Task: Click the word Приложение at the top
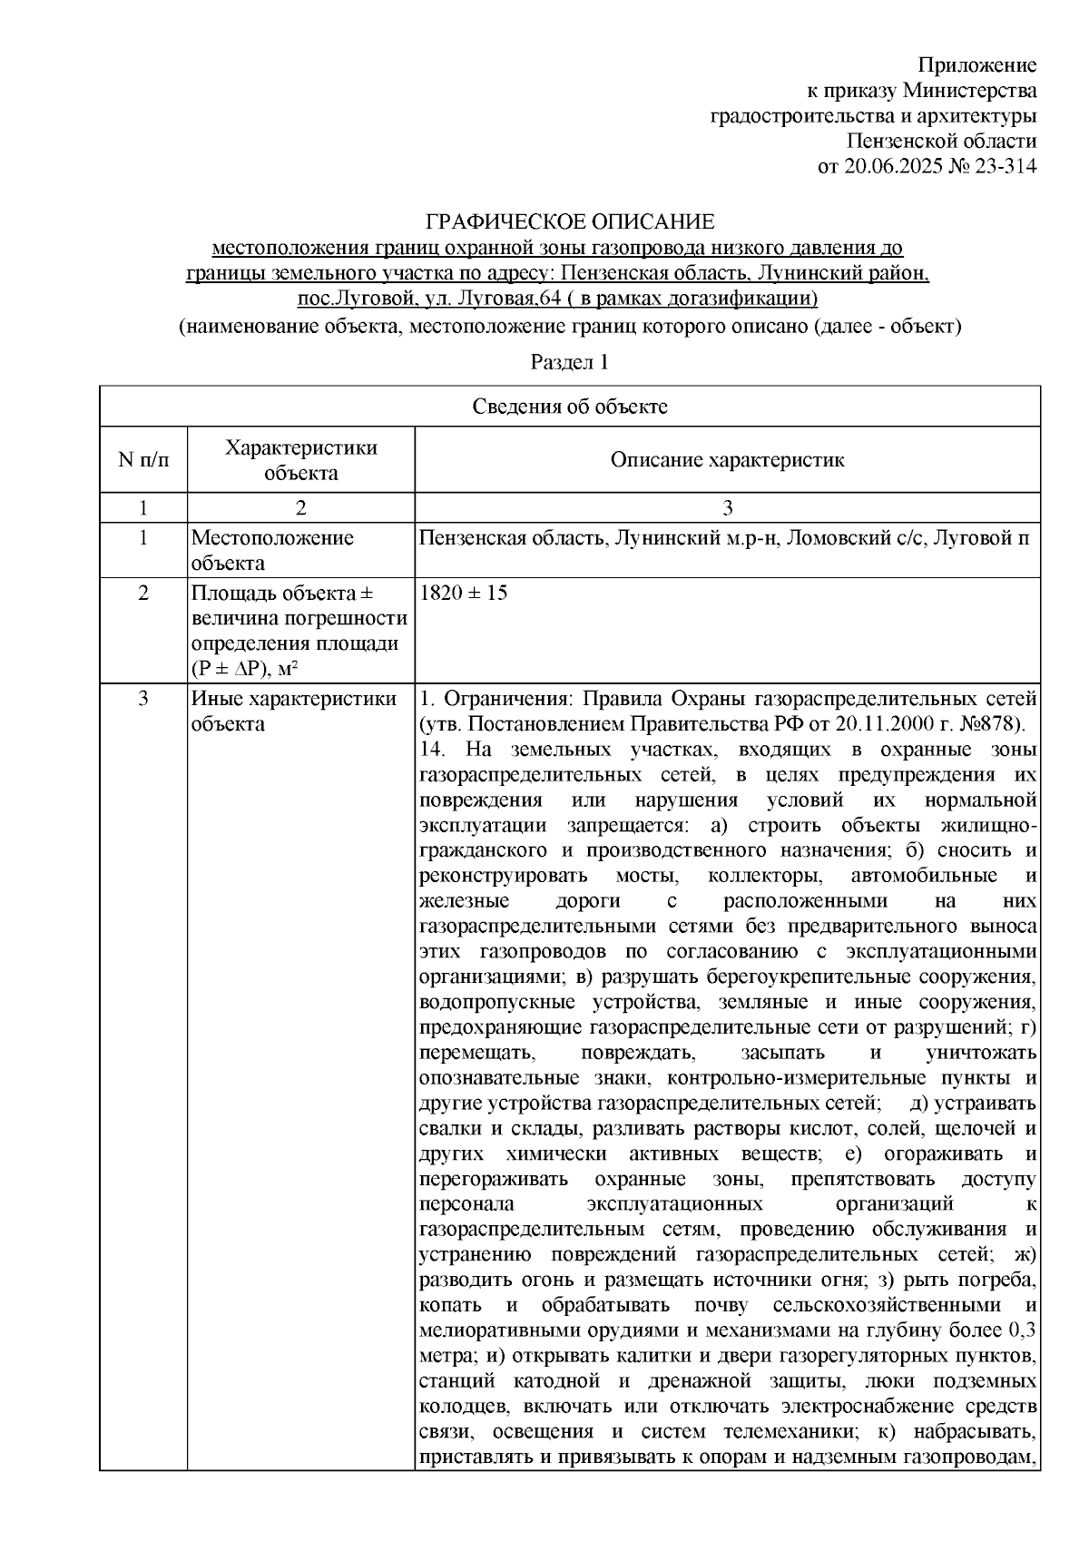(976, 64)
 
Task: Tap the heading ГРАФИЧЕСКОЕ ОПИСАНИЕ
(571, 221)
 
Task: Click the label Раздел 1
(569, 362)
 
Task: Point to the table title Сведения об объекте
(569, 407)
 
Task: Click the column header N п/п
(143, 460)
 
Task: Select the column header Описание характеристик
(727, 460)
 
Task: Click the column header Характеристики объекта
(300, 460)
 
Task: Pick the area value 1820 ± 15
(464, 594)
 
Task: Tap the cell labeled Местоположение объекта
(272, 550)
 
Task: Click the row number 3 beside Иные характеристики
(143, 699)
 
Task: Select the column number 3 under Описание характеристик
(727, 507)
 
